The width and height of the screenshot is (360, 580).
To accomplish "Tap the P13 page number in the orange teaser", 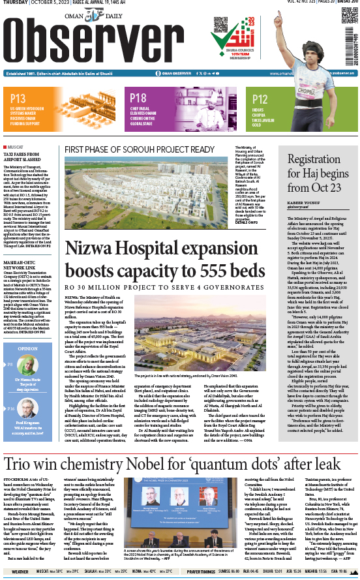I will pyautogui.click(x=18, y=99).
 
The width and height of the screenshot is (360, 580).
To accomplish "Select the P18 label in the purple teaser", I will pyautogui.click(x=138, y=99).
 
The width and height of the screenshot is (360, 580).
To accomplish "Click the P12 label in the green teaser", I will pyautogui.click(x=260, y=99).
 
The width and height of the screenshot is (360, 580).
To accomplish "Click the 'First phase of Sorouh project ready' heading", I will pyautogui.click(x=139, y=149).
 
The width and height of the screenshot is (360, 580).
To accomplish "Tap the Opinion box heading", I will pyautogui.click(x=27, y=348).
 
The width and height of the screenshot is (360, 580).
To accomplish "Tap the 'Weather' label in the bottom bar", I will pyautogui.click(x=20, y=572).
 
